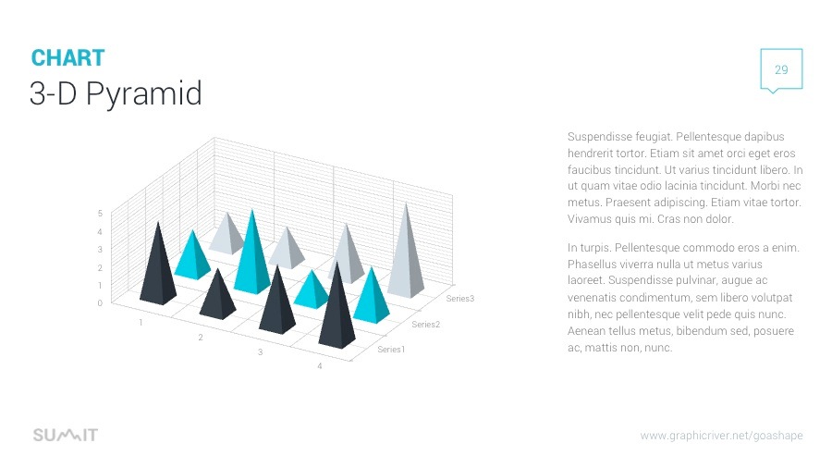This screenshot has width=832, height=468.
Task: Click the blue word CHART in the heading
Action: click(x=67, y=58)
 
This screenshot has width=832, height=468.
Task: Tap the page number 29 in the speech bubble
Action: click(x=781, y=70)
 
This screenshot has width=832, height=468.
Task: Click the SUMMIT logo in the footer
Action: click(x=65, y=436)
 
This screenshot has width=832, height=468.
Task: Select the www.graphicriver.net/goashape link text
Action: click(x=721, y=436)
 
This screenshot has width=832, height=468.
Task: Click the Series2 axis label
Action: click(x=426, y=325)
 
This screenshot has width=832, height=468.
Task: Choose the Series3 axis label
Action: click(x=459, y=299)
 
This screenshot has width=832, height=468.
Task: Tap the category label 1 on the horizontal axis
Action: click(x=141, y=323)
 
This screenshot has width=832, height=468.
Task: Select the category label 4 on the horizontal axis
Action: click(x=320, y=367)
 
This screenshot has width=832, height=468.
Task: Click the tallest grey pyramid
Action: click(x=405, y=254)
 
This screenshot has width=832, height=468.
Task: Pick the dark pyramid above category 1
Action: click(x=158, y=268)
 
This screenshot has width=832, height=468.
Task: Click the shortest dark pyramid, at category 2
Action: click(x=218, y=296)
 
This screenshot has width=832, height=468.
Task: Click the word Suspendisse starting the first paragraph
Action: click(x=595, y=137)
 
